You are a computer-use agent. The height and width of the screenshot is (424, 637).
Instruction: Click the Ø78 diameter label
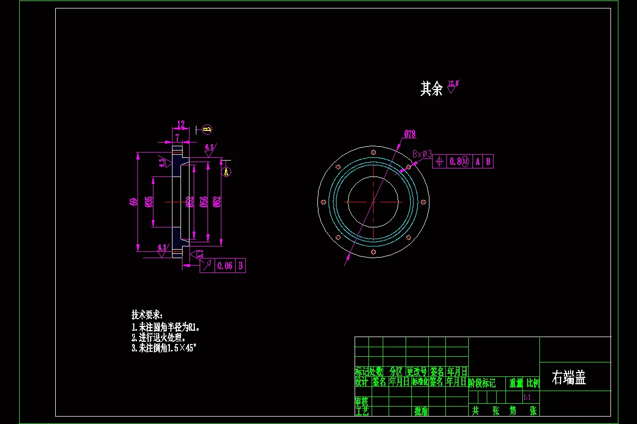(x=409, y=135)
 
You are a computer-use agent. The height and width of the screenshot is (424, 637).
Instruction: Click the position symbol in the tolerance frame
(x=440, y=161)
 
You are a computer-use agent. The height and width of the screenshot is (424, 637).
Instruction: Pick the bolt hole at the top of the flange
(x=373, y=152)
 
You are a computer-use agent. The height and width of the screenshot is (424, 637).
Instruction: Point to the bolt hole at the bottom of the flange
(x=373, y=251)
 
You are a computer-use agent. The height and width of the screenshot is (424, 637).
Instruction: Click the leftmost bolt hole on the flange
(x=323, y=201)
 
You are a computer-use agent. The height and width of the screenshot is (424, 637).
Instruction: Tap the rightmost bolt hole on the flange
(x=423, y=201)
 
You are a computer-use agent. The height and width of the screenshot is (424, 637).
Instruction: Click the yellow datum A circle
(x=226, y=172)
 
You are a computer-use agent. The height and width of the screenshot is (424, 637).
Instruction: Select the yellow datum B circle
(x=207, y=129)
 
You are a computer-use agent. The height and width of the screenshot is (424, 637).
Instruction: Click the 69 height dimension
(x=133, y=201)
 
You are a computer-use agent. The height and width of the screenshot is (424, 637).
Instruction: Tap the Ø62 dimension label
(x=217, y=201)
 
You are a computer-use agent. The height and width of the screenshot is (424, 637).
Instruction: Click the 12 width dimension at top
(x=181, y=125)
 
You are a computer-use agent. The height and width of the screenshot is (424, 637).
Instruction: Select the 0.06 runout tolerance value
(x=225, y=266)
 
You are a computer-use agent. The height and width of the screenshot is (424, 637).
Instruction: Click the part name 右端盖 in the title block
(x=569, y=378)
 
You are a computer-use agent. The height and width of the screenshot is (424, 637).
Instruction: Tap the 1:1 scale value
(x=527, y=397)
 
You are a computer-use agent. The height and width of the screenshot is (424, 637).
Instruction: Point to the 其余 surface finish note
(x=431, y=89)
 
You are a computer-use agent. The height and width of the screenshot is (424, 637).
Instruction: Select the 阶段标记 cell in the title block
(x=482, y=383)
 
